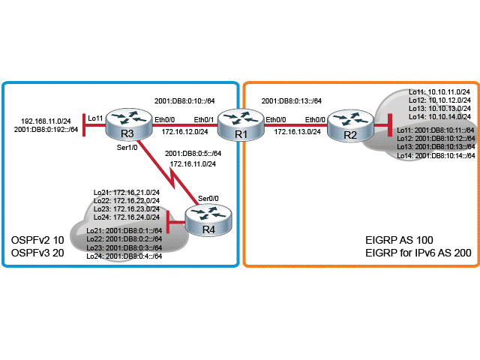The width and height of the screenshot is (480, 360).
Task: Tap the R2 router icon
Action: tap(349, 123)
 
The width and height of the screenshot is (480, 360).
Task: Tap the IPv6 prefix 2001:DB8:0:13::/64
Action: tap(292, 100)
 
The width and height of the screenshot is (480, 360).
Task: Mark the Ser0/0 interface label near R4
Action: tap(208, 198)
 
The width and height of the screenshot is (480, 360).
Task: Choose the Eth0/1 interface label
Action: tap(204, 118)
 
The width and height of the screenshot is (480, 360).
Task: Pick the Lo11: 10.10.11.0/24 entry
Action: tap(439, 91)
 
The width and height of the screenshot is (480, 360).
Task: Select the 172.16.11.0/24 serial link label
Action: tap(194, 163)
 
